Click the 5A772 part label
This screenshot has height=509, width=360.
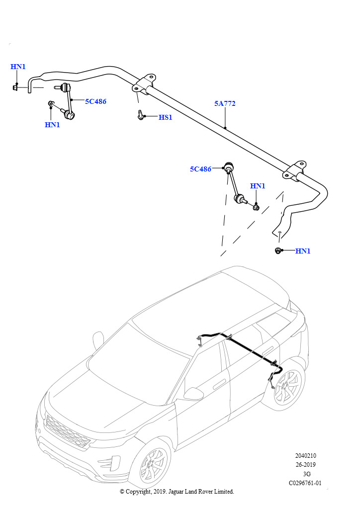225,103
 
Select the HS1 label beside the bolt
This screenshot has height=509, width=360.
165,117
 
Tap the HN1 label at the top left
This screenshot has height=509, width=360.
18,67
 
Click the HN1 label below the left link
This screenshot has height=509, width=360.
52,125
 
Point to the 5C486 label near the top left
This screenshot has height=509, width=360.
96,101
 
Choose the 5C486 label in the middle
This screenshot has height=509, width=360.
200,169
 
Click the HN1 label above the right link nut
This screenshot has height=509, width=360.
258,186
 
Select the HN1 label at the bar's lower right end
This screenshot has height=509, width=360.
303,251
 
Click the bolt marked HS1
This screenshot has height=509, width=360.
140,115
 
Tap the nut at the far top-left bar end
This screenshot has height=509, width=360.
15,87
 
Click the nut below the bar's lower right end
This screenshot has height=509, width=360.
278,251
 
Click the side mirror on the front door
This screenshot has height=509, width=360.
192,394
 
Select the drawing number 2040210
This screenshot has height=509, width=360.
305,456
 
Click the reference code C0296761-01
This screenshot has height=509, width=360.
305,483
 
